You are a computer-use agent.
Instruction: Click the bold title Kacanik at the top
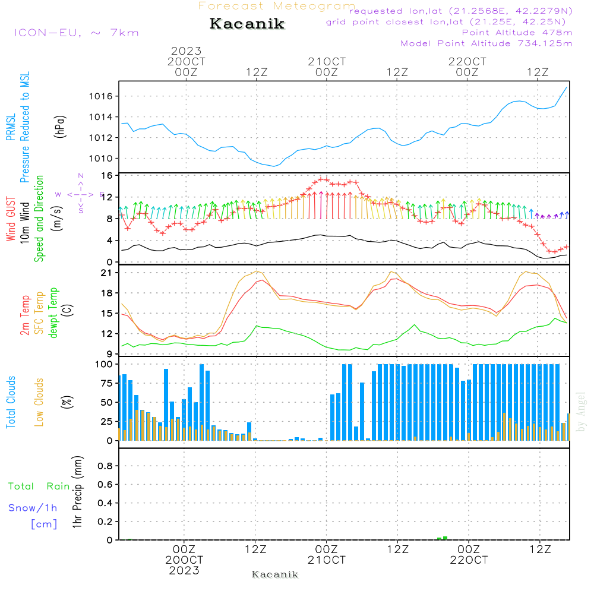pyautogui.click(x=247, y=24)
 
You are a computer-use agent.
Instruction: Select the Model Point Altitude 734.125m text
pyautogui.click(x=486, y=43)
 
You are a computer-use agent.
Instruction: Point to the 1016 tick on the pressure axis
pyautogui.click(x=101, y=96)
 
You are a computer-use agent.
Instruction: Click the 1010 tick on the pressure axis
pyautogui.click(x=101, y=159)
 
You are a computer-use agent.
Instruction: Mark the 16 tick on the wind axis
pyautogui.click(x=107, y=175)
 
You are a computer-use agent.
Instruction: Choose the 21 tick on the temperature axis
pyautogui.click(x=107, y=273)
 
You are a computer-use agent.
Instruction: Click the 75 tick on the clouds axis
pyautogui.click(x=107, y=383)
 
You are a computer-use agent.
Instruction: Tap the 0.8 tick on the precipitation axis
pyautogui.click(x=105, y=466)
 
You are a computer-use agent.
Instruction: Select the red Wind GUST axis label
pyautogui.click(x=11, y=219)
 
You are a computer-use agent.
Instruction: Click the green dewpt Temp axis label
pyautogui.click(x=53, y=312)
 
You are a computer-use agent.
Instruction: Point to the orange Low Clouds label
pyautogui.click(x=39, y=402)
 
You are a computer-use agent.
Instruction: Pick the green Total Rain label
pyautogui.click(x=39, y=486)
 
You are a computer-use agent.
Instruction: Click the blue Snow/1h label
pyautogui.click(x=33, y=508)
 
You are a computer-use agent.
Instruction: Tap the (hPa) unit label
pyautogui.click(x=60, y=127)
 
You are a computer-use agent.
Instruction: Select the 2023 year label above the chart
pyautogui.click(x=186, y=50)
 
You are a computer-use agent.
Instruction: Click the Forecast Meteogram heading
pyautogui.click(x=277, y=6)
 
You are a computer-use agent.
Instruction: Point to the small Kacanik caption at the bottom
pyautogui.click(x=275, y=574)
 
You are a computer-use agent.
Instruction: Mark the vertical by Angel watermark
pyautogui.click(x=581, y=412)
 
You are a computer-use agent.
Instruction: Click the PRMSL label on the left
pyautogui.click(x=11, y=127)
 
